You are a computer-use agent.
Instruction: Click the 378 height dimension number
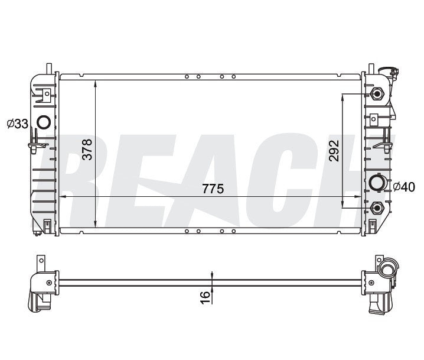87,150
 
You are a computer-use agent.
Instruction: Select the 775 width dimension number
213,189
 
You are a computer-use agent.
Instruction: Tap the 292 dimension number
334,150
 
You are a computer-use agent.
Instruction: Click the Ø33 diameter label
17,124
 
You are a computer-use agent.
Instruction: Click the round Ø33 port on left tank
43,122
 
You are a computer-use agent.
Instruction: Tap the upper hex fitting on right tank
377,94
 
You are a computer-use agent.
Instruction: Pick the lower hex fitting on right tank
377,207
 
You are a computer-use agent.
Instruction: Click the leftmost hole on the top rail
187,76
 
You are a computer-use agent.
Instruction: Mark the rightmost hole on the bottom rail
234,231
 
